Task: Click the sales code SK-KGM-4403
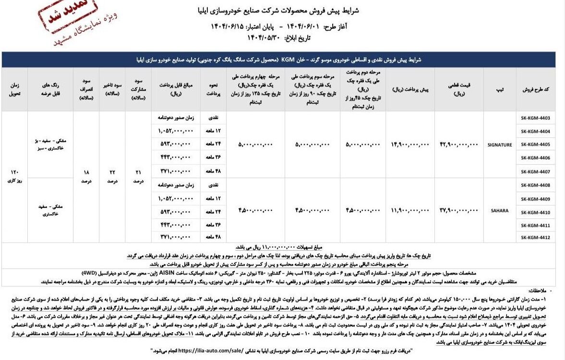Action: pos(535,118)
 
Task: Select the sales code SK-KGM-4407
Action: pos(535,171)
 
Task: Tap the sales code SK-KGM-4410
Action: pos(535,211)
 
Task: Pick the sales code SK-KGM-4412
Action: pos(535,238)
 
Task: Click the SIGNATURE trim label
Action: pos(499,144)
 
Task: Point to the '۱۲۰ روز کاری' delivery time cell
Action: pos(14,177)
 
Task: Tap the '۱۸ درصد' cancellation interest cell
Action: pos(85,177)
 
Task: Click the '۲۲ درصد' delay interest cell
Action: pos(112,177)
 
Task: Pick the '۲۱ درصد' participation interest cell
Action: pos(138,177)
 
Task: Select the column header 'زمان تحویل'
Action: pos(14,89)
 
